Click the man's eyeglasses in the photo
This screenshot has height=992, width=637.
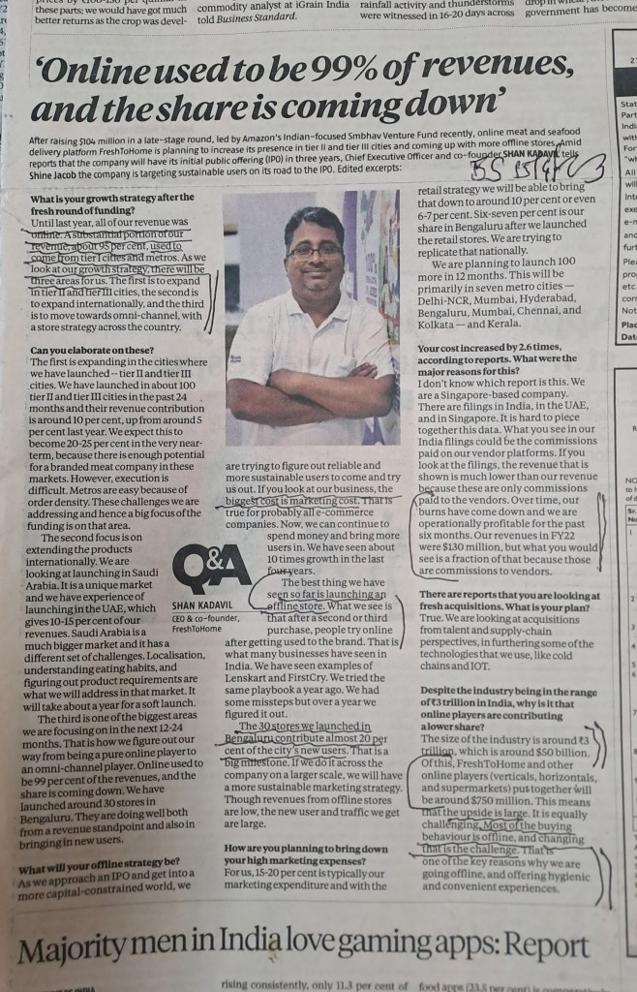tap(315, 251)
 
